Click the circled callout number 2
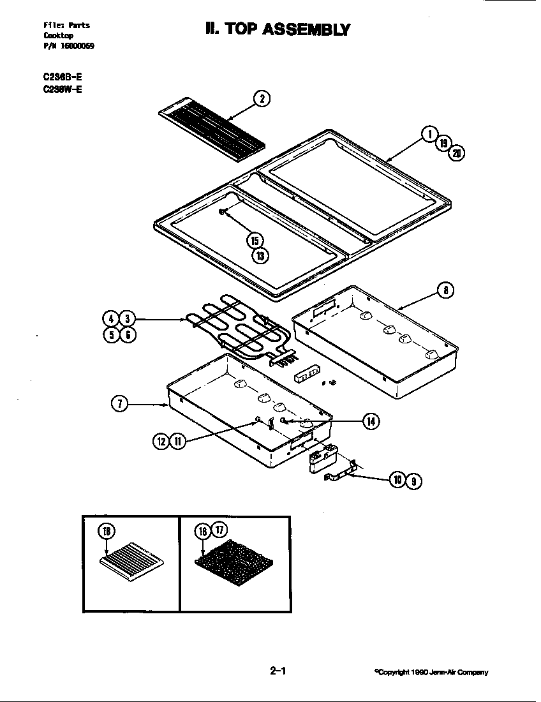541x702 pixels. point(262,98)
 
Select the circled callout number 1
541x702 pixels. point(429,134)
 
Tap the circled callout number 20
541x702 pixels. point(456,153)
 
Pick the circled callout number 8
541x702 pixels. point(445,290)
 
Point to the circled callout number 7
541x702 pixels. point(120,403)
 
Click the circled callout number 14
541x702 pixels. point(371,421)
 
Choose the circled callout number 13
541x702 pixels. point(260,256)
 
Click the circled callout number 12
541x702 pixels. point(161,440)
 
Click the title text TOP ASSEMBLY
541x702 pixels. point(278,29)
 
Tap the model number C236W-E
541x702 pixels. point(62,89)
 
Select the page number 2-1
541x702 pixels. point(278,671)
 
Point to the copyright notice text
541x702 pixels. point(432,672)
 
